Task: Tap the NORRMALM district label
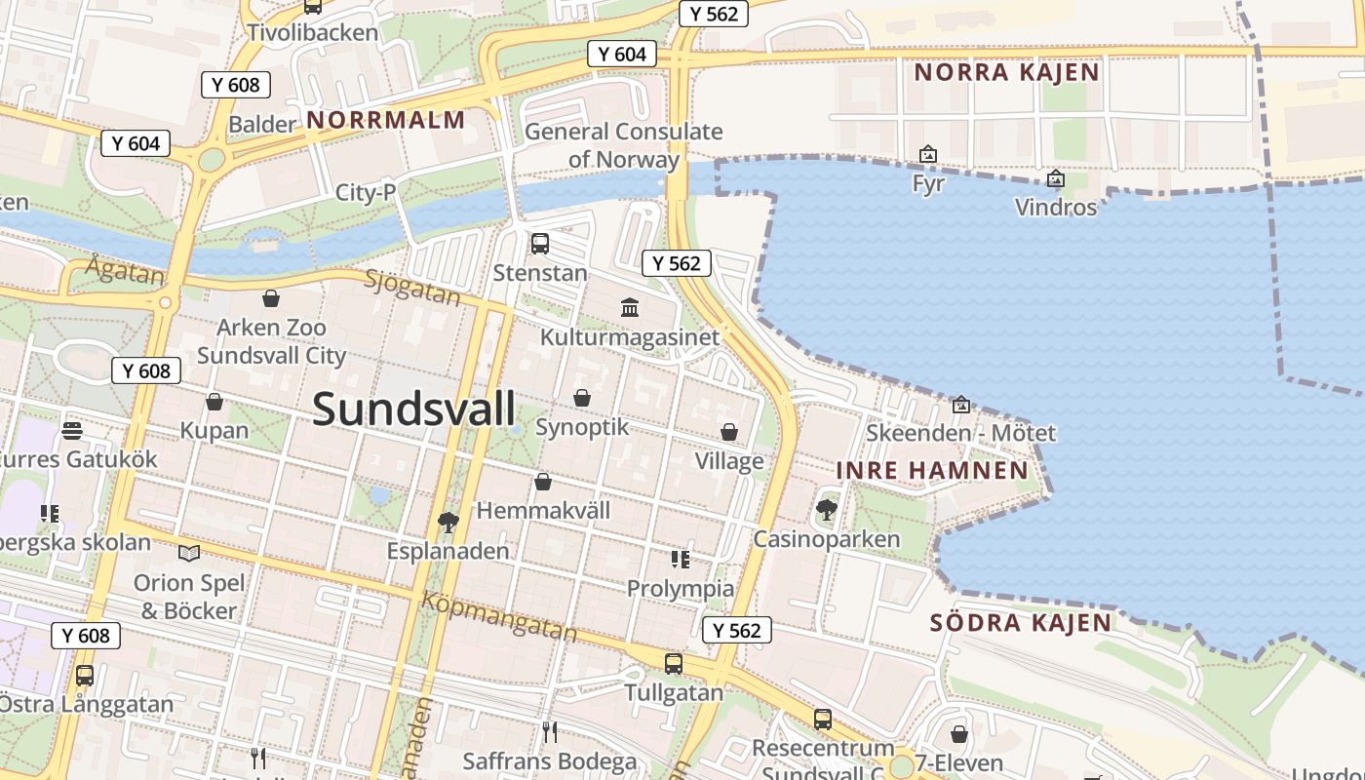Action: click(385, 120)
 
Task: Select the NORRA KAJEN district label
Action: click(1006, 71)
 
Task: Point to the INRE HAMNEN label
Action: click(932, 471)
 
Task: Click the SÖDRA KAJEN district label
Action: click(1020, 622)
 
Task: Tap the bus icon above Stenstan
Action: click(539, 244)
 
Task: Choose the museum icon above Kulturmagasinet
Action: click(630, 308)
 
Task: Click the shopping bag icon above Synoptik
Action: click(582, 398)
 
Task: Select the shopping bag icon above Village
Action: click(729, 432)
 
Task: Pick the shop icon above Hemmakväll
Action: click(543, 482)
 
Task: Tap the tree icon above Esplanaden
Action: click(448, 523)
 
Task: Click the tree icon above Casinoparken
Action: click(827, 509)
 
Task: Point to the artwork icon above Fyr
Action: click(928, 154)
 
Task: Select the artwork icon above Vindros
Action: click(1055, 178)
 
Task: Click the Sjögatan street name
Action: click(412, 288)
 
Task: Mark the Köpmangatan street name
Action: click(498, 616)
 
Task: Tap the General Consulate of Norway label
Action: click(624, 145)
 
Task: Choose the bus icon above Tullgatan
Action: click(673, 664)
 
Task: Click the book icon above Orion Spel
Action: click(189, 553)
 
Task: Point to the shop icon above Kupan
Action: click(214, 402)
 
